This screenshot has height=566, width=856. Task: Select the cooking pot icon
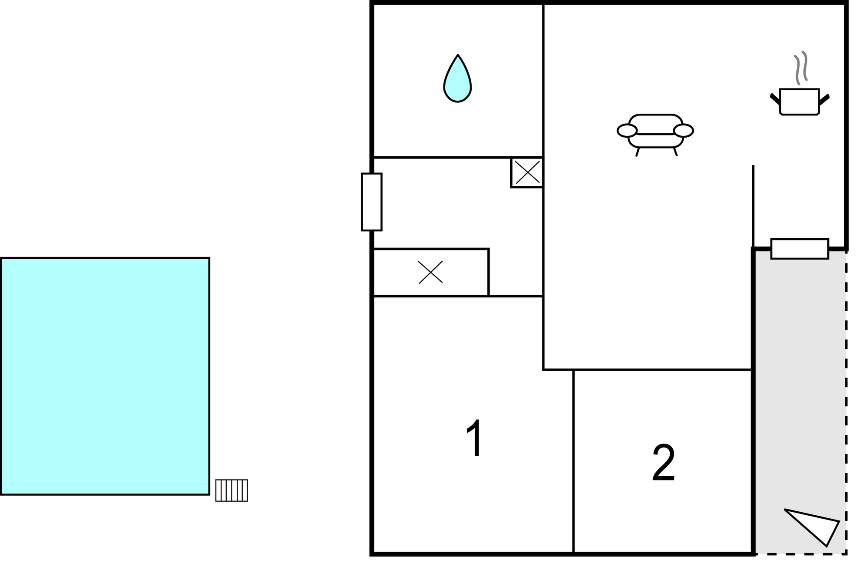(x=800, y=102)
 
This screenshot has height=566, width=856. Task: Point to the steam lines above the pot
(x=801, y=67)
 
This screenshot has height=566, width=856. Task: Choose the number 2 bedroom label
(x=664, y=463)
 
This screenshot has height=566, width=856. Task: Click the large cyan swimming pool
(x=105, y=376)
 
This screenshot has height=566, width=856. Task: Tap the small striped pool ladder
(x=231, y=490)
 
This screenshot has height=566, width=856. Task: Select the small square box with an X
(x=527, y=172)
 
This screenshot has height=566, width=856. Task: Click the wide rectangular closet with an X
(x=431, y=273)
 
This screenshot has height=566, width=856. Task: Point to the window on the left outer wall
(x=372, y=202)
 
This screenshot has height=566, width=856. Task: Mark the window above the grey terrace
(x=800, y=249)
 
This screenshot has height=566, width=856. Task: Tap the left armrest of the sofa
(x=627, y=130)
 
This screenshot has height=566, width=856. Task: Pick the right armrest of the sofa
(x=684, y=130)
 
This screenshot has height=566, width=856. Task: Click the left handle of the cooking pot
(x=775, y=99)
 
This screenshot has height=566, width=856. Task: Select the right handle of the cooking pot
(x=824, y=99)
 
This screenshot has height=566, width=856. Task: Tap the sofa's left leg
(x=638, y=152)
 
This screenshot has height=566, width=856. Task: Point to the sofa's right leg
(x=675, y=152)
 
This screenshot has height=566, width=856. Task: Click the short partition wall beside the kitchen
(x=753, y=207)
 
